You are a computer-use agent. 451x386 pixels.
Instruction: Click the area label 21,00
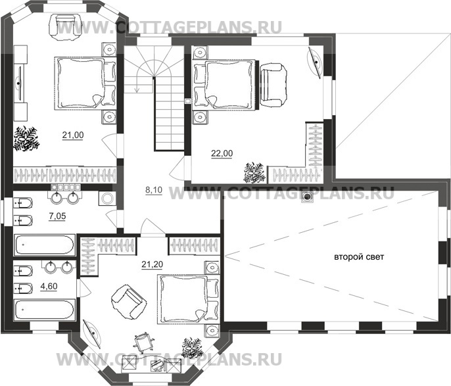pos(73,135)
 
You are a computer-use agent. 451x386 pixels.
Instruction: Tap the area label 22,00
pos(222,153)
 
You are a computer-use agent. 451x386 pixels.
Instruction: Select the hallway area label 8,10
pos(154,190)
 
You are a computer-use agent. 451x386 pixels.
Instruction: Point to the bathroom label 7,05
pos(58,216)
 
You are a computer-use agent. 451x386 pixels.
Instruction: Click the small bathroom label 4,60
pos(49,287)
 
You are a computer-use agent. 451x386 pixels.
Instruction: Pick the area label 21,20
pos(152,264)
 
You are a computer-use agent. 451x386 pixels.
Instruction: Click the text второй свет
pos(359,257)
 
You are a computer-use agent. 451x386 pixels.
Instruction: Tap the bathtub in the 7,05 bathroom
pos(44,245)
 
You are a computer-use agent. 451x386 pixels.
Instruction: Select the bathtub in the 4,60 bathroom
pos(44,310)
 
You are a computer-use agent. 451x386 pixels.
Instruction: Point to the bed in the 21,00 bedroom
pos(85,83)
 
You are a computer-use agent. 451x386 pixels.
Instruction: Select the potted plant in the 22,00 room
pos(254,172)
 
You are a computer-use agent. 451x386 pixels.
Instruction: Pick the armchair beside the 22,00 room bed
pos(273,85)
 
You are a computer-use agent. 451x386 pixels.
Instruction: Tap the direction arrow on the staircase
pos(137,83)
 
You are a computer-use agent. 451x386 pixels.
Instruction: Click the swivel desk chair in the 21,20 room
pos(143,343)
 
